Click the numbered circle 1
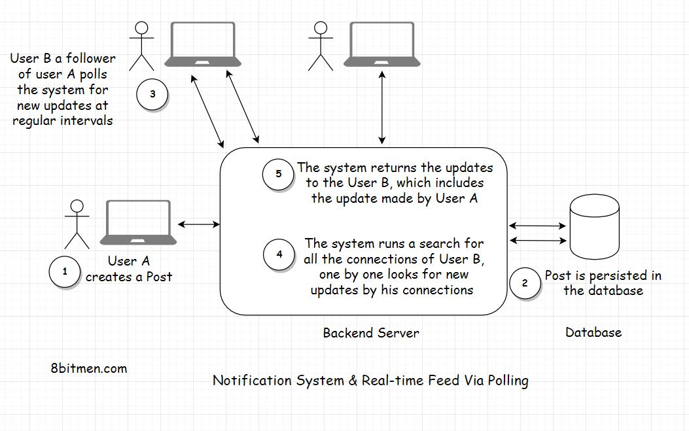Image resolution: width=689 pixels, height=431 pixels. tap(65, 271)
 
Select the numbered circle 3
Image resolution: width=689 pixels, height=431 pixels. tap(152, 94)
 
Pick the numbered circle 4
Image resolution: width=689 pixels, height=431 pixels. tap(279, 254)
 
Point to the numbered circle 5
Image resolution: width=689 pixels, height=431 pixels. tap(279, 174)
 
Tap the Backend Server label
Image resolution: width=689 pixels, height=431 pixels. tap(371, 333)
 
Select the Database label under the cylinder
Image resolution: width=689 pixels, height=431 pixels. tap(593, 332)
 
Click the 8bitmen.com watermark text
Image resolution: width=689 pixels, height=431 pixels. tap(88, 368)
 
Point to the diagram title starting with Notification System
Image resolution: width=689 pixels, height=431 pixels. tap(370, 381)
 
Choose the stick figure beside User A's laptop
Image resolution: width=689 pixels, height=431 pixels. tap(77, 224)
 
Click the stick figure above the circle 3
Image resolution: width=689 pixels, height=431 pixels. tap(141, 46)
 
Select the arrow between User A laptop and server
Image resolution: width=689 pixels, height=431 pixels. tap(199, 225)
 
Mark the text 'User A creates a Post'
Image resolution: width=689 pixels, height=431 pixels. tap(129, 269)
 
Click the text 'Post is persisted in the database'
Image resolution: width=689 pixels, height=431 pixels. tap(603, 283)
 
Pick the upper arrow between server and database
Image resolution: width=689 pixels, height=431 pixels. tap(538, 226)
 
